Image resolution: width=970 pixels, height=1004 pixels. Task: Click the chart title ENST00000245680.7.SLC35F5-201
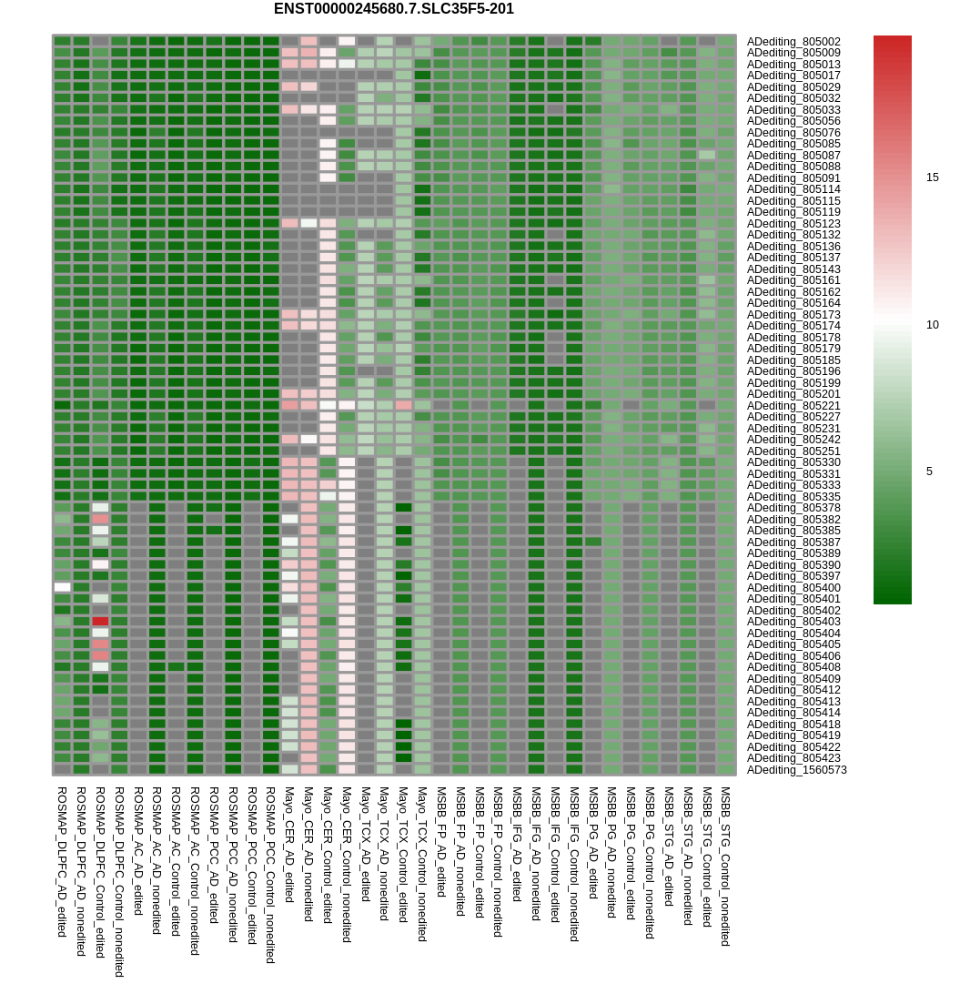[x=393, y=9]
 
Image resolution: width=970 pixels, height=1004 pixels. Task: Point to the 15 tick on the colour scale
[x=932, y=177]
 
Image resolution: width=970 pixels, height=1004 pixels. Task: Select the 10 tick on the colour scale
[x=932, y=325]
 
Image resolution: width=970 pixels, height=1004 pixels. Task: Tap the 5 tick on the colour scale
[x=929, y=472]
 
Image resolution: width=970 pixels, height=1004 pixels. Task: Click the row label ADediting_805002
[x=793, y=41]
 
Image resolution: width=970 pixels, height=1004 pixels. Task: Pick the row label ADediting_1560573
[x=796, y=769]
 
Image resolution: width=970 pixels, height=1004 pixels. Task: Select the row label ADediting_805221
[x=793, y=405]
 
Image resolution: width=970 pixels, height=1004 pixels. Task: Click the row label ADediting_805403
[x=793, y=622]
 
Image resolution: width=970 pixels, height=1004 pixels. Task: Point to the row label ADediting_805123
[x=793, y=223]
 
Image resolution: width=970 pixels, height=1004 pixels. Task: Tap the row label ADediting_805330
[x=793, y=462]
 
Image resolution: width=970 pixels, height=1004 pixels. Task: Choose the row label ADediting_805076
[x=793, y=132]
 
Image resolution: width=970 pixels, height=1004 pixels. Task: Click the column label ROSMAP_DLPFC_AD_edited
[x=62, y=861]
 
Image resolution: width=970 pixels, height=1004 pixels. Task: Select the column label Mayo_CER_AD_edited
[x=289, y=845]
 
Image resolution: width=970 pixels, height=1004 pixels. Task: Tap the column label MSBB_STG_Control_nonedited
[x=725, y=866]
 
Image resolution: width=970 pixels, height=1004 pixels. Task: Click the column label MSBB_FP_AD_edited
[x=441, y=842]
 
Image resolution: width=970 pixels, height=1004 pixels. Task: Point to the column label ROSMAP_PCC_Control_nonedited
[x=270, y=875]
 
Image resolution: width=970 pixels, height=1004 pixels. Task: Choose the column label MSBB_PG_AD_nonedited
[x=611, y=852]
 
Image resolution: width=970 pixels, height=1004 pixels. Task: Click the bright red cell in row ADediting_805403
[x=100, y=622]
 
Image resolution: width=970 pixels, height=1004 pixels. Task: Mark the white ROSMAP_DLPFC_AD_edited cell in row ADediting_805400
[x=62, y=587]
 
